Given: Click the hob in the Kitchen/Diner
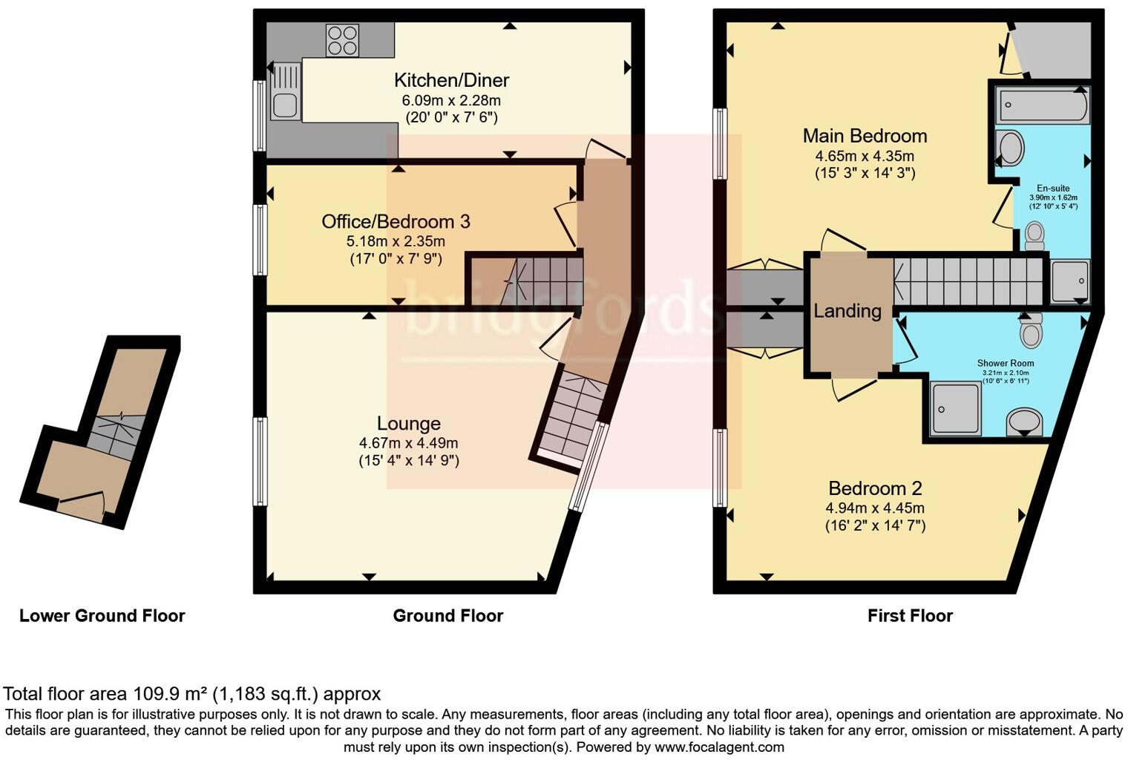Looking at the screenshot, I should pos(342,40).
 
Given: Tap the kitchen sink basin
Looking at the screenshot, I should pos(284,105).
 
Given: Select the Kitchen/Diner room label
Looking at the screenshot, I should pos(451,80).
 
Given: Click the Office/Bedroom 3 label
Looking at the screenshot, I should pos(396,221).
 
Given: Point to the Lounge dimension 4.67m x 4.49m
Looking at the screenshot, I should pos(408,443).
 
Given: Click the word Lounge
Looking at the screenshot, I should pos(408,424).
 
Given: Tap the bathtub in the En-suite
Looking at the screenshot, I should pos(1043,105).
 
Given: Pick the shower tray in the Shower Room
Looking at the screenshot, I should pos(955,407).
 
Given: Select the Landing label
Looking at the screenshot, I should pos(847,311).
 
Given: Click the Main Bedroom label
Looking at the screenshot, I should pos(865,136).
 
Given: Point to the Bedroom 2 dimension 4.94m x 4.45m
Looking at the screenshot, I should pos(875,508).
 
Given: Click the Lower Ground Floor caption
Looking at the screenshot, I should pos(102,616).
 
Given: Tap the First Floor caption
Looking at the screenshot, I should pos(910,616).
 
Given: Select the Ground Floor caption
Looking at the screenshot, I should pos(447,616).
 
